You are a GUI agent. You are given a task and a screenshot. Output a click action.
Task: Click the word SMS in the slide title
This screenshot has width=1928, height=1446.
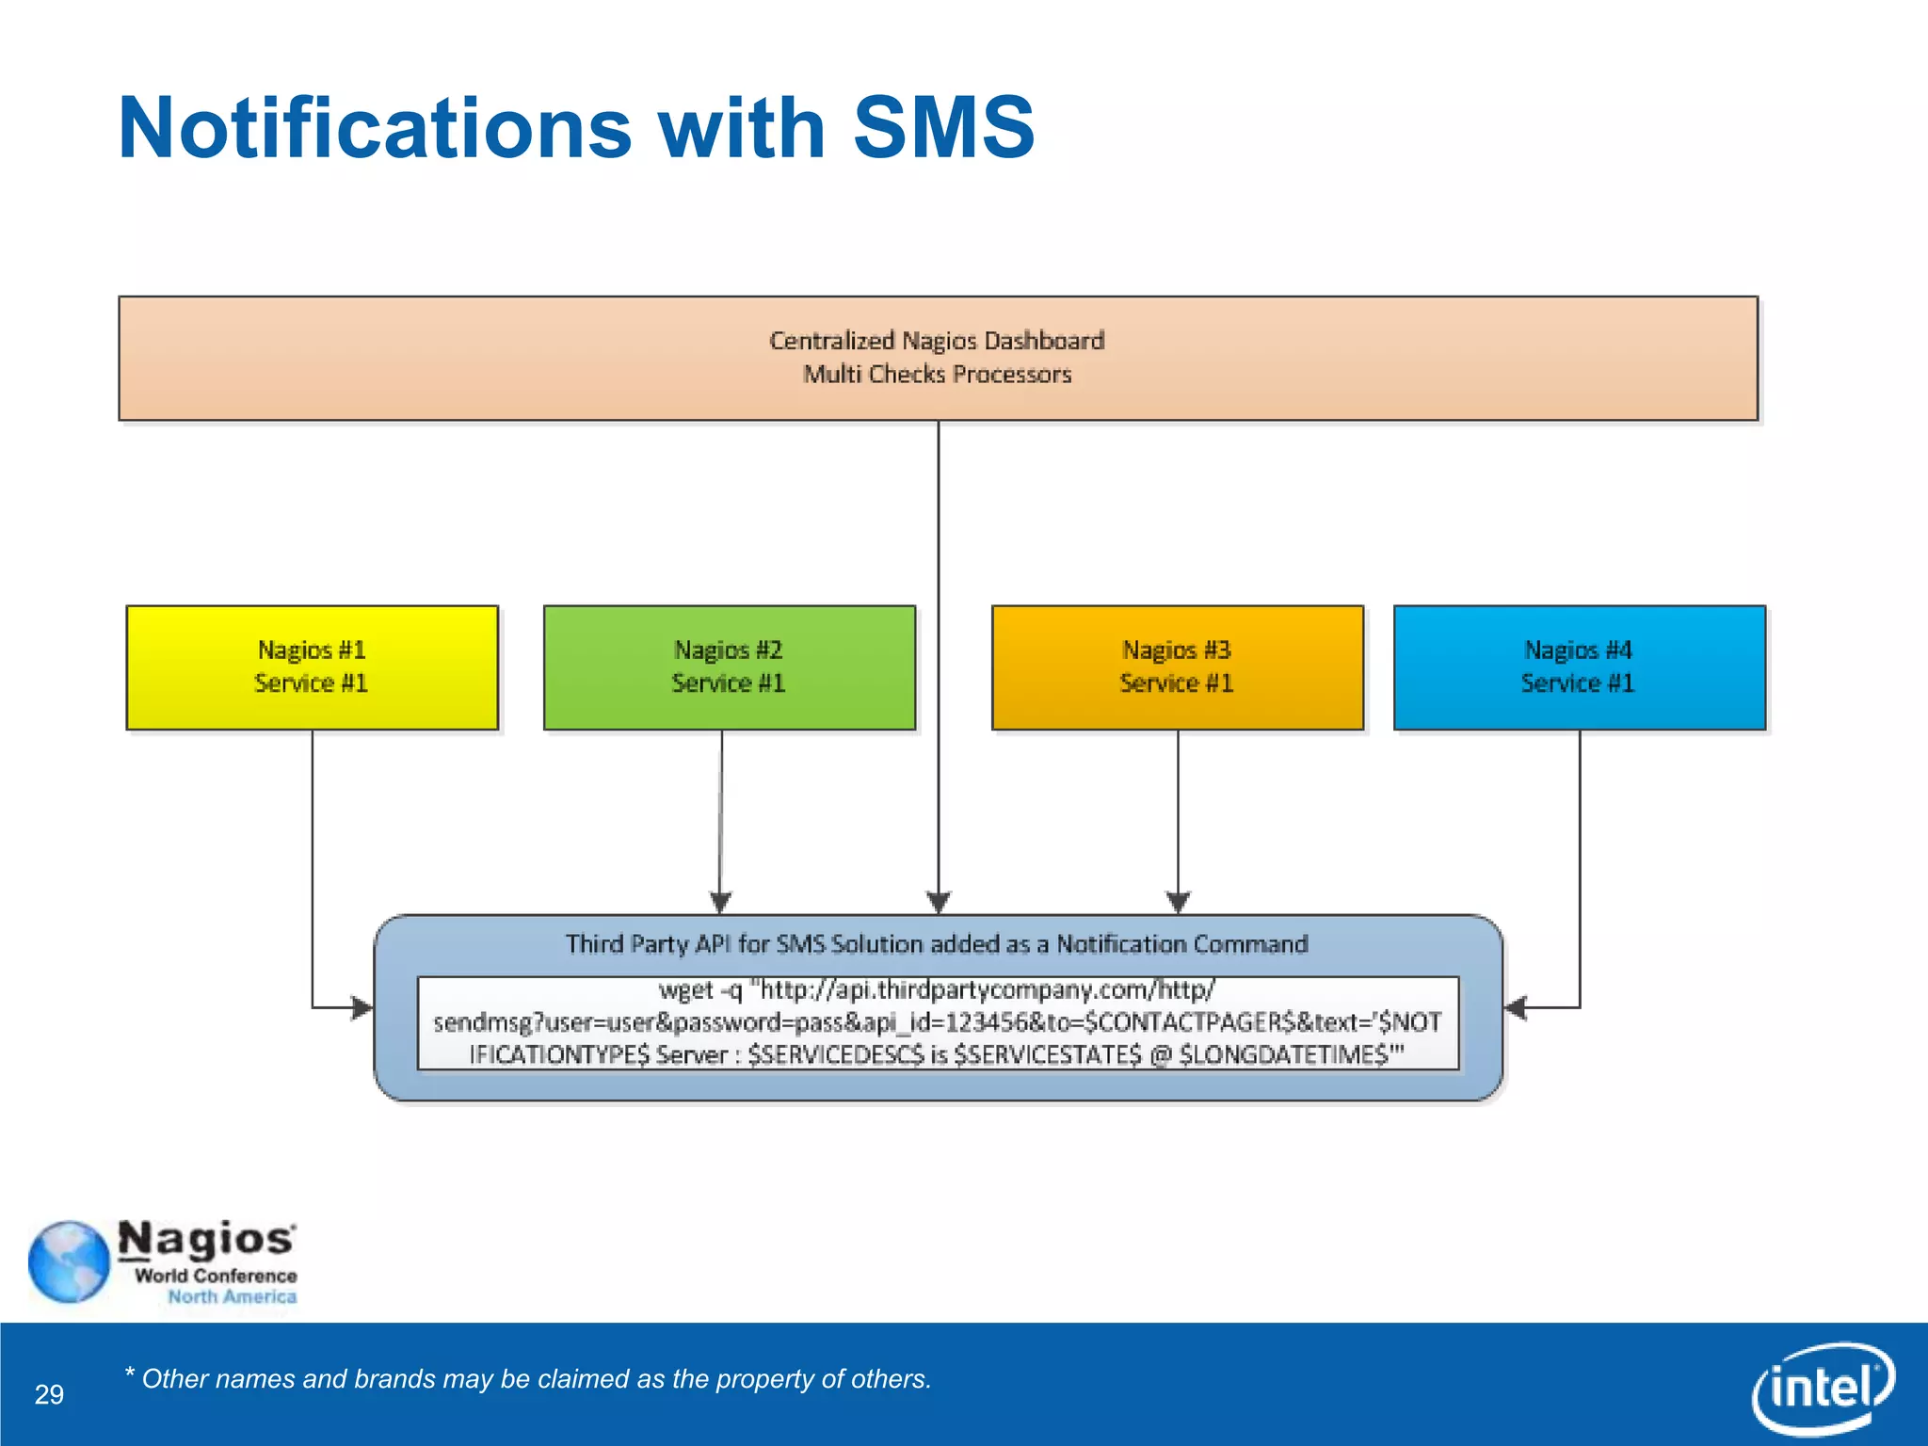(x=943, y=128)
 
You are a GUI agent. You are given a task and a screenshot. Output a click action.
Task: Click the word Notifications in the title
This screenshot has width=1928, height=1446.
(x=375, y=128)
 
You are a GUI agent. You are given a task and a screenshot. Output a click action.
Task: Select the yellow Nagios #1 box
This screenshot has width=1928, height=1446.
(x=312, y=667)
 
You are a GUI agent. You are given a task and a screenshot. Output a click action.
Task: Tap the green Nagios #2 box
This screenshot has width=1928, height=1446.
(x=729, y=667)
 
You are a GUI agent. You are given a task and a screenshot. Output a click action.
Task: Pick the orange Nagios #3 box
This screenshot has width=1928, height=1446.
(x=1177, y=667)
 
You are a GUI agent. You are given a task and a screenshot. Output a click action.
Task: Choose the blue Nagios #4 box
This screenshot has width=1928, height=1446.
(x=1579, y=667)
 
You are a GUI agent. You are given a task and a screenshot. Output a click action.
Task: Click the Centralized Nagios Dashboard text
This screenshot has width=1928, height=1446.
(x=937, y=340)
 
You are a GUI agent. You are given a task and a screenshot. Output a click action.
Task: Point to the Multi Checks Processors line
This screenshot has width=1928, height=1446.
(x=937, y=375)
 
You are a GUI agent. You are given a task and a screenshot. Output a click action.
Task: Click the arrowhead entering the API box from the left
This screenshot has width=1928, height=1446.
(x=362, y=1007)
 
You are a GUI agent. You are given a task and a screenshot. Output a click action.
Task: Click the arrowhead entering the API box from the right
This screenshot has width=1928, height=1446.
(x=1515, y=1007)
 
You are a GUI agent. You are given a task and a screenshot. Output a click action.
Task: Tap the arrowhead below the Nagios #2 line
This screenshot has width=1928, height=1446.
(x=720, y=902)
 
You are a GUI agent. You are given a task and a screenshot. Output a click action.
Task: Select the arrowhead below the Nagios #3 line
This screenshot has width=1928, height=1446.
(x=1178, y=902)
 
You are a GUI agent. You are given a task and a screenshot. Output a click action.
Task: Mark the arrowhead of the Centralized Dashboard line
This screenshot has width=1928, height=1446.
(x=939, y=902)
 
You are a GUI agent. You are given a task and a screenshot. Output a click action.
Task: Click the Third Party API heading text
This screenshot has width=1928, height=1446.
(x=937, y=943)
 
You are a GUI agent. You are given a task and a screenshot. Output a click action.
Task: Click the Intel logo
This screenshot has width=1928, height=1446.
(x=1823, y=1388)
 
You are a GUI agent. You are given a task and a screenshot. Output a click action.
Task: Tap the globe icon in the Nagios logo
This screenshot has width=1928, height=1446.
(x=69, y=1261)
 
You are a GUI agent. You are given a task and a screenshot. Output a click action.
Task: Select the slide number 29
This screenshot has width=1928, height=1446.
(x=49, y=1394)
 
